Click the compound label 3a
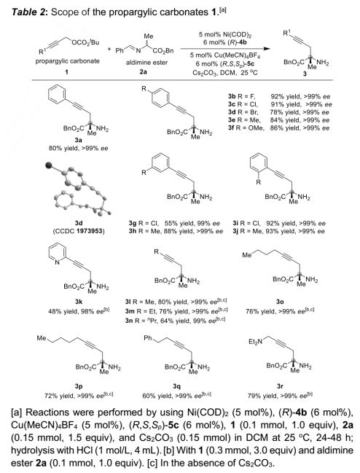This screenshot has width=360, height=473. point(79,140)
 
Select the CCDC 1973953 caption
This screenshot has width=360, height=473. point(79,231)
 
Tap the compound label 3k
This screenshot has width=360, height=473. point(79,301)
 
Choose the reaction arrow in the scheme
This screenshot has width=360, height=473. point(225,48)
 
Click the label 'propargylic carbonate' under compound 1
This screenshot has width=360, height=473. point(67,61)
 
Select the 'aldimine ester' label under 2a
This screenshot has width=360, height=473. point(146,63)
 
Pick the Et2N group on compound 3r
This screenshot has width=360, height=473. point(255,342)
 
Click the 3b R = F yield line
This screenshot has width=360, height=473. point(279,96)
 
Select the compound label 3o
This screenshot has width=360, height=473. point(280,301)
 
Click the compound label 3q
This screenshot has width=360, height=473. point(176,386)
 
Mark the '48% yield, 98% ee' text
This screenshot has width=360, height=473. point(79,311)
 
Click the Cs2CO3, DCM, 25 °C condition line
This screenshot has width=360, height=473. point(225,73)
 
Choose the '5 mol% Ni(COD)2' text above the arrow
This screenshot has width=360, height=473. point(225,34)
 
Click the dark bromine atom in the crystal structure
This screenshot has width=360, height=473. point(49,165)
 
